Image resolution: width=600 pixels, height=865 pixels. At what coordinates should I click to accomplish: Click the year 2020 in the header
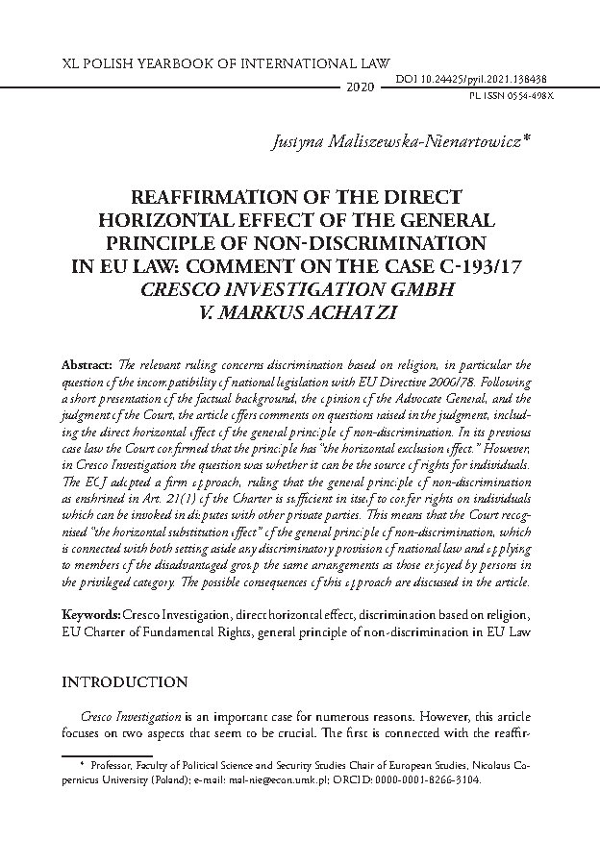point(357,87)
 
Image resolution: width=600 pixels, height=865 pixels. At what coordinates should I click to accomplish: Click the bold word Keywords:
point(90,612)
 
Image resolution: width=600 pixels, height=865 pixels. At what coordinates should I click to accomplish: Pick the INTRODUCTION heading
point(124,682)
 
